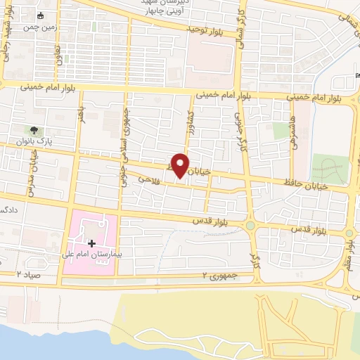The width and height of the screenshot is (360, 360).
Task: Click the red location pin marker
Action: point(181,166)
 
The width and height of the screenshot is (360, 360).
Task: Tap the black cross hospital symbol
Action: point(91,243)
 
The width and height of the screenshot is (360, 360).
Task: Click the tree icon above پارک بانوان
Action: point(32,130)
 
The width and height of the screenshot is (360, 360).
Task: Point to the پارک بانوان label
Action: point(33,141)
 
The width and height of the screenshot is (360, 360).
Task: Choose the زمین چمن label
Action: point(39,27)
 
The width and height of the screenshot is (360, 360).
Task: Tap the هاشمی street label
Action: point(291,127)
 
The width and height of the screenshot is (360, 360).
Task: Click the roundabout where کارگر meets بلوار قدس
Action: point(250,226)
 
